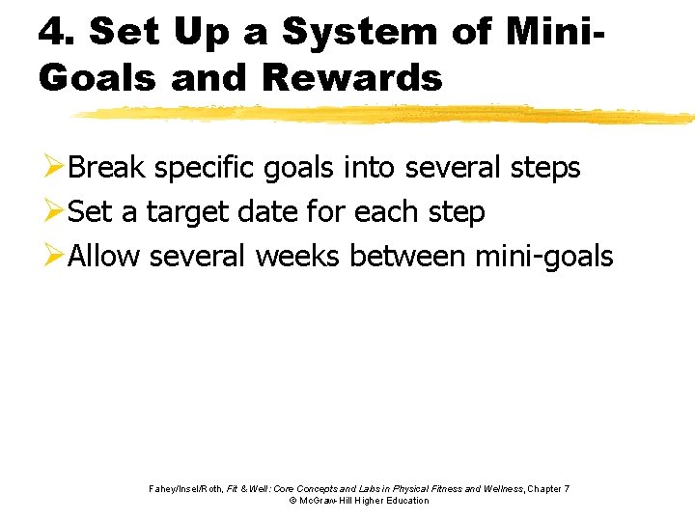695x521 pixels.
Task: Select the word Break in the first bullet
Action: point(106,168)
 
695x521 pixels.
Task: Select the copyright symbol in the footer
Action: point(292,501)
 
